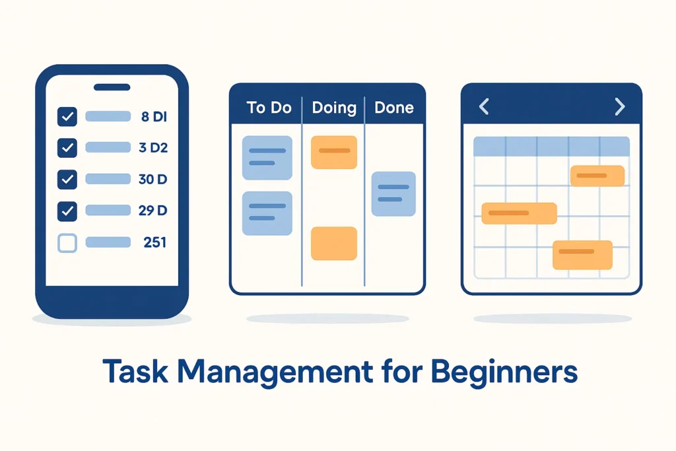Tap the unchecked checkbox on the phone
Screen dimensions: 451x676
(x=67, y=243)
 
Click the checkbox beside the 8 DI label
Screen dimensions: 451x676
(x=67, y=117)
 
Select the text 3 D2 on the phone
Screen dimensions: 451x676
(x=153, y=147)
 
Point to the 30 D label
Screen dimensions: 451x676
(x=153, y=179)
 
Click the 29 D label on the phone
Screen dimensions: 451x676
(x=153, y=211)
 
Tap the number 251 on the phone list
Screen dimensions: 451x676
(x=154, y=242)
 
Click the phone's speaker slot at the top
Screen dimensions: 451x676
(x=112, y=87)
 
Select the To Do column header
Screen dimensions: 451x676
(x=269, y=108)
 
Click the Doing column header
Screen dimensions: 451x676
(x=333, y=108)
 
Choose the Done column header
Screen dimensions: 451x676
(x=394, y=108)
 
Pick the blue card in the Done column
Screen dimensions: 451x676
(x=393, y=193)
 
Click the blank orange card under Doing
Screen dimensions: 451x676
(x=333, y=243)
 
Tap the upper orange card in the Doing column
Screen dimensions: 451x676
(x=333, y=152)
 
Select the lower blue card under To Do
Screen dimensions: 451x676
(x=267, y=213)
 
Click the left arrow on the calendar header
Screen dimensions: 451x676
(x=484, y=106)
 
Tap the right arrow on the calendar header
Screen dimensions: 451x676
(x=619, y=106)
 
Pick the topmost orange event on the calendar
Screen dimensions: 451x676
(x=597, y=176)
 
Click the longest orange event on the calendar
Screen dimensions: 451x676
(x=519, y=213)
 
